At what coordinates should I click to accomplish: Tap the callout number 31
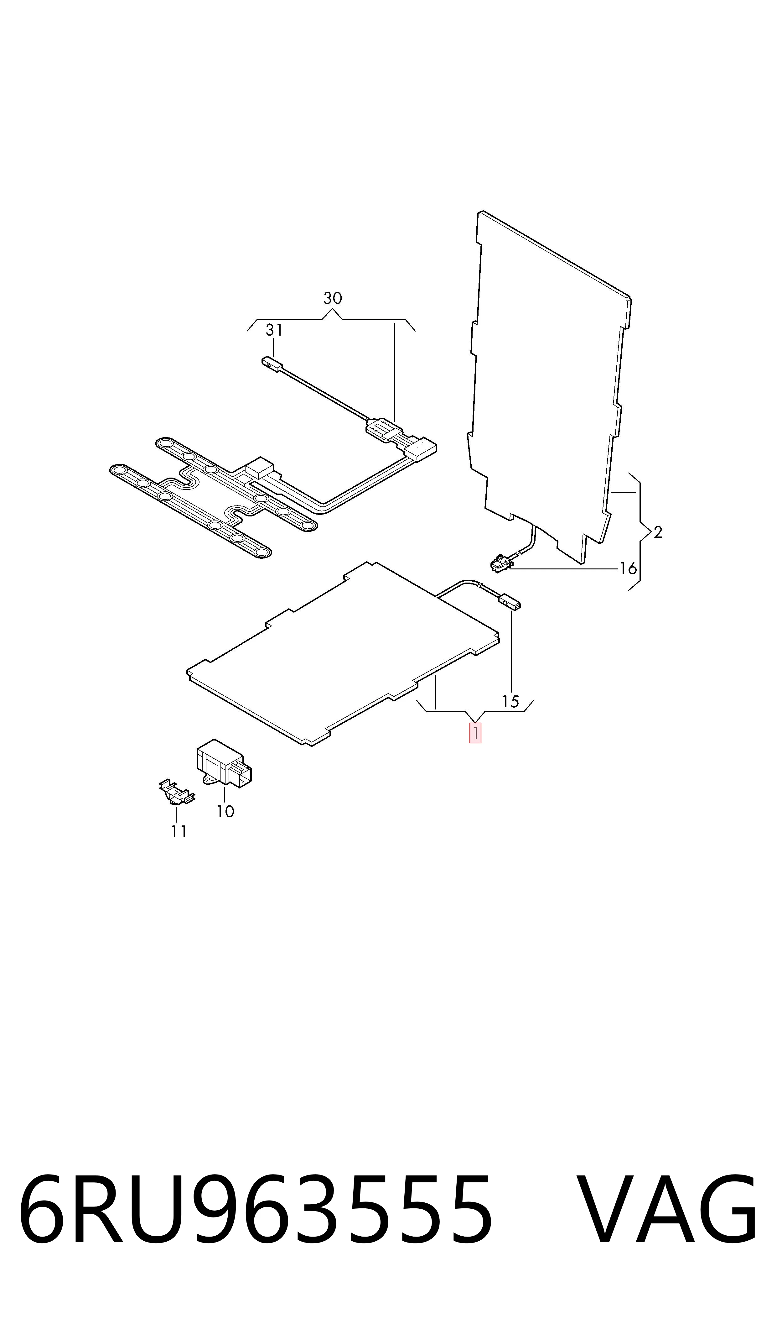[274, 330]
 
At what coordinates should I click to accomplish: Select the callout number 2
[658, 532]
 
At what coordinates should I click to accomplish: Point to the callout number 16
[628, 568]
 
